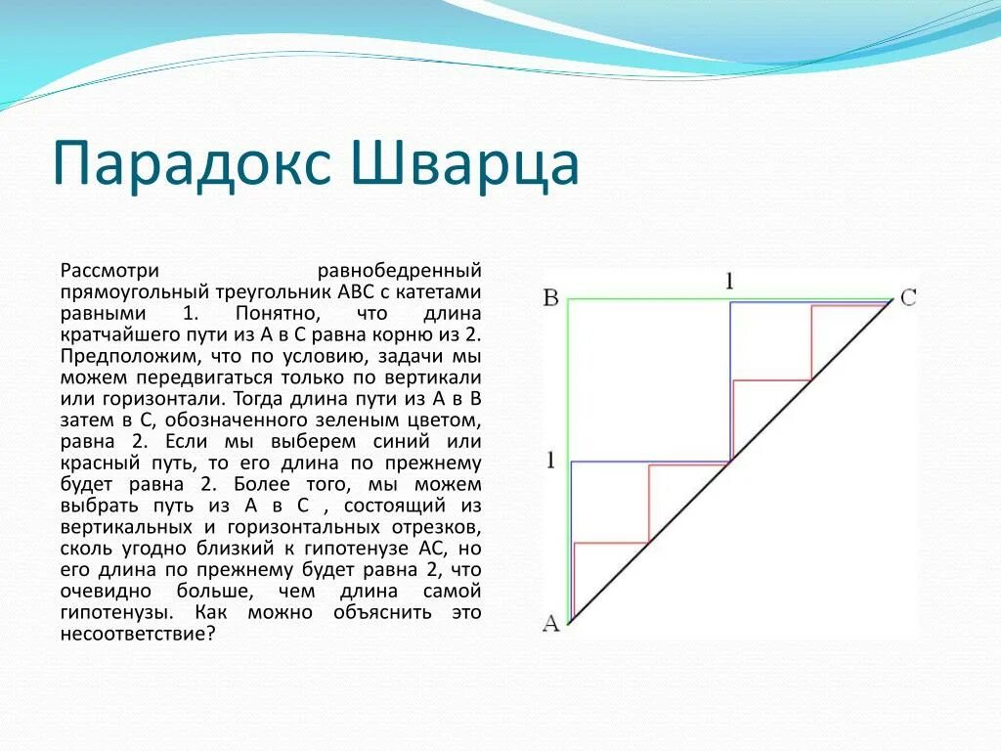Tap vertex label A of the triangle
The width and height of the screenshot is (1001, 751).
pyautogui.click(x=550, y=623)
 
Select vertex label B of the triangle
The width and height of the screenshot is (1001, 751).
pyautogui.click(x=550, y=297)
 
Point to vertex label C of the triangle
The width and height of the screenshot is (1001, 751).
pyautogui.click(x=908, y=297)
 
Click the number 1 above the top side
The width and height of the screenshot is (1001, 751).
pyautogui.click(x=729, y=282)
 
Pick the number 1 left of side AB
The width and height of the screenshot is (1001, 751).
pyautogui.click(x=550, y=460)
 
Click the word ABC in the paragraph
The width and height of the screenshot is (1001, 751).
pyautogui.click(x=351, y=292)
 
